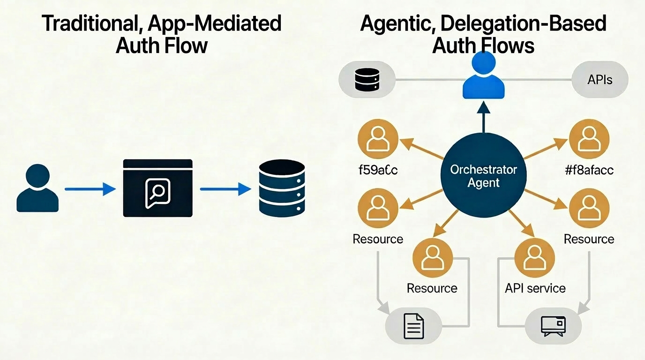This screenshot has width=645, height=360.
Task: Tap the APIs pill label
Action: click(600, 80)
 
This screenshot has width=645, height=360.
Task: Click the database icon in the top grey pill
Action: click(367, 80)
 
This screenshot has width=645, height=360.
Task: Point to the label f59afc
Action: click(377, 169)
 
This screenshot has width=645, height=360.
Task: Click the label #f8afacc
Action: click(589, 169)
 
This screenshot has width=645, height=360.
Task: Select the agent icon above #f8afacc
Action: click(589, 140)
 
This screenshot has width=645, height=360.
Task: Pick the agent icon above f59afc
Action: click(378, 140)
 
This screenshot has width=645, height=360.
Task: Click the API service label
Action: click(535, 288)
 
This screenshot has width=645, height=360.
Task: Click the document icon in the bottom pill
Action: click(413, 326)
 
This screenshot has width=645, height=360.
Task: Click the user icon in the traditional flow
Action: click(37, 188)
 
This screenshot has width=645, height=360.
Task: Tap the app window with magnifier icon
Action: click(157, 188)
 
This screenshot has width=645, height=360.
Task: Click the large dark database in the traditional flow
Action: click(282, 188)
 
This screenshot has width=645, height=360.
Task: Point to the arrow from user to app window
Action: click(90, 189)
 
